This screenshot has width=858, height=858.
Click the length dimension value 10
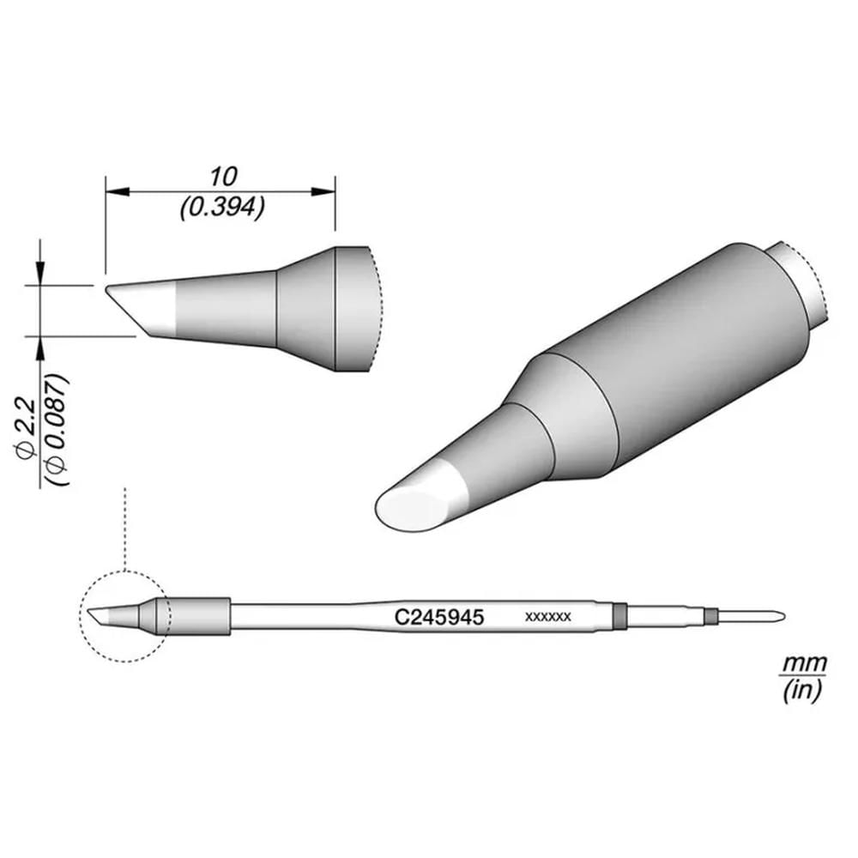point(222,177)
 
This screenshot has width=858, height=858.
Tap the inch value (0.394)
point(222,207)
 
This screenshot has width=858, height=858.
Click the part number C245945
point(440,616)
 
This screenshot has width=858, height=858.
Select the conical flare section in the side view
point(305,309)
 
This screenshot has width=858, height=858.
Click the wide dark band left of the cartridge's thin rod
point(619,615)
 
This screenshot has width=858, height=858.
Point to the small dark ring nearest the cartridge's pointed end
point(710,615)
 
